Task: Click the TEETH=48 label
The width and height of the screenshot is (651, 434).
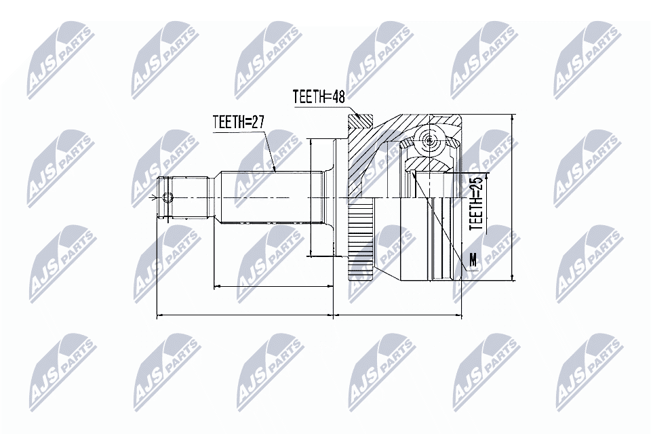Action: tap(319, 96)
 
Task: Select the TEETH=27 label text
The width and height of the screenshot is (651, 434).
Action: tap(237, 122)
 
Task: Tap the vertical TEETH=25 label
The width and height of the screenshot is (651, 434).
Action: tap(477, 202)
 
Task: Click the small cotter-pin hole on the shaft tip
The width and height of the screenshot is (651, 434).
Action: tap(169, 198)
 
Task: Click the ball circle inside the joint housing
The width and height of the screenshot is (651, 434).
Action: tap(430, 140)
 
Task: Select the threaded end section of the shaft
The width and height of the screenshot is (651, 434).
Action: tap(183, 198)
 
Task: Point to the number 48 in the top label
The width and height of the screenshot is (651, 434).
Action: tap(337, 96)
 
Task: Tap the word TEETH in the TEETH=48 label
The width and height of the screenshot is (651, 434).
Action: tap(309, 96)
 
